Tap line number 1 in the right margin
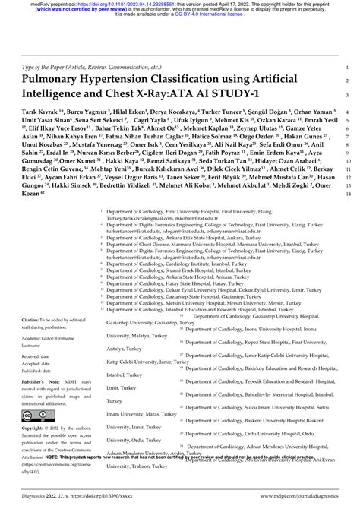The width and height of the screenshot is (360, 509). click(x=346, y=66)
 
